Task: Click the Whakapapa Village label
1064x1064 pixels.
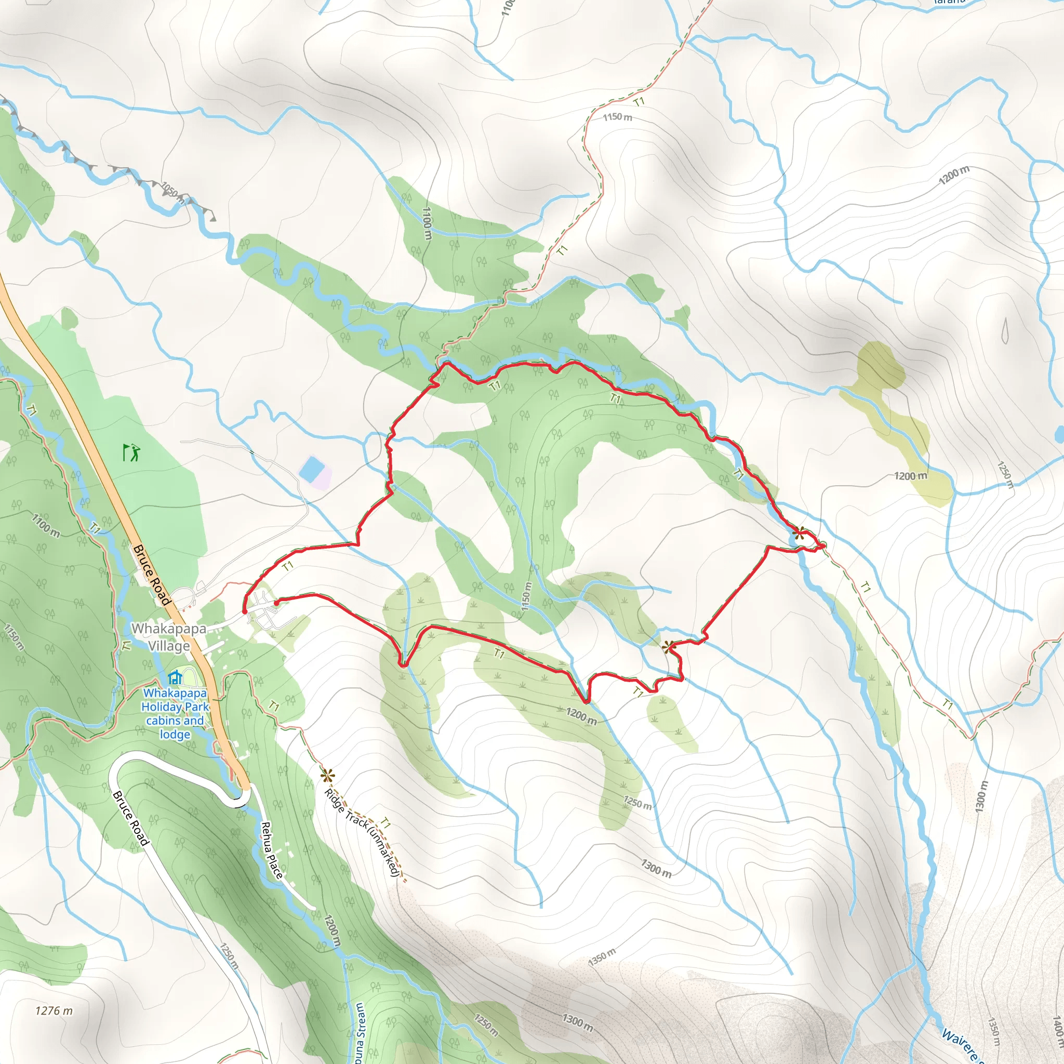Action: [x=168, y=636]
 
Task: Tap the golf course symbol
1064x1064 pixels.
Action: [x=131, y=453]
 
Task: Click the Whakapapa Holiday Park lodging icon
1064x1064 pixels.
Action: [x=175, y=677]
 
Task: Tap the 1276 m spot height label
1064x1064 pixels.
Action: [x=54, y=1010]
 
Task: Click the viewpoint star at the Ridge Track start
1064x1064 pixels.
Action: [x=327, y=776]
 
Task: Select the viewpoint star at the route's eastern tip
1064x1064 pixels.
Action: [x=799, y=533]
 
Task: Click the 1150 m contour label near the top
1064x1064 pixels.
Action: [x=617, y=117]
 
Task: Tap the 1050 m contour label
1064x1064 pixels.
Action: [x=172, y=192]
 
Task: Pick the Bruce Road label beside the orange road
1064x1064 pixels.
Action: [x=151, y=575]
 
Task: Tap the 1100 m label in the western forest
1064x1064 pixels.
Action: [x=46, y=525]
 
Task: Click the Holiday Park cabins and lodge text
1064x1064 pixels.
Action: [x=175, y=713]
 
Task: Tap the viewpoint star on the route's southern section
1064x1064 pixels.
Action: [x=669, y=646]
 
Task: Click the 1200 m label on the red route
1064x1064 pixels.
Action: [x=581, y=716]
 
